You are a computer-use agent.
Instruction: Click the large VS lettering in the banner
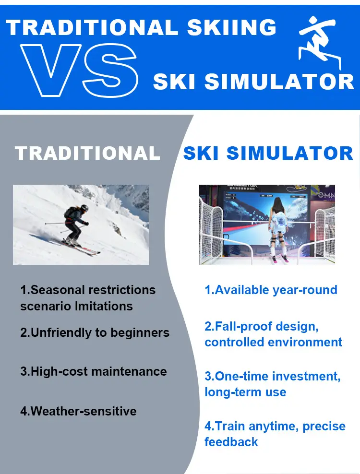click(x=79, y=70)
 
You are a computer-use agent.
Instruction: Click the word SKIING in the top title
click(x=232, y=27)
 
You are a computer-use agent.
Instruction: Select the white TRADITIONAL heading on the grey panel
click(x=87, y=153)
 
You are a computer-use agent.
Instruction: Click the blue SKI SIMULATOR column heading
click(x=268, y=153)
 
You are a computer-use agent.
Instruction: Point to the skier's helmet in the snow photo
click(x=84, y=208)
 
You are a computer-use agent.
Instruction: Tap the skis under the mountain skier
click(x=80, y=247)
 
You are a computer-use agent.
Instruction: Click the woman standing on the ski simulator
click(x=278, y=228)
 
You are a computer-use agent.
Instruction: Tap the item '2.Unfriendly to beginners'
click(x=95, y=332)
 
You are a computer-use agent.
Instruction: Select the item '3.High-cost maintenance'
click(x=94, y=371)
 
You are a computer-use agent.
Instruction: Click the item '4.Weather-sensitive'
click(x=78, y=411)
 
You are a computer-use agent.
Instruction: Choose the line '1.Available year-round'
click(x=271, y=290)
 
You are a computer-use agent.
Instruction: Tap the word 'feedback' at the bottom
click(x=231, y=442)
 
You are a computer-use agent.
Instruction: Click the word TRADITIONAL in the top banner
click(x=92, y=27)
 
